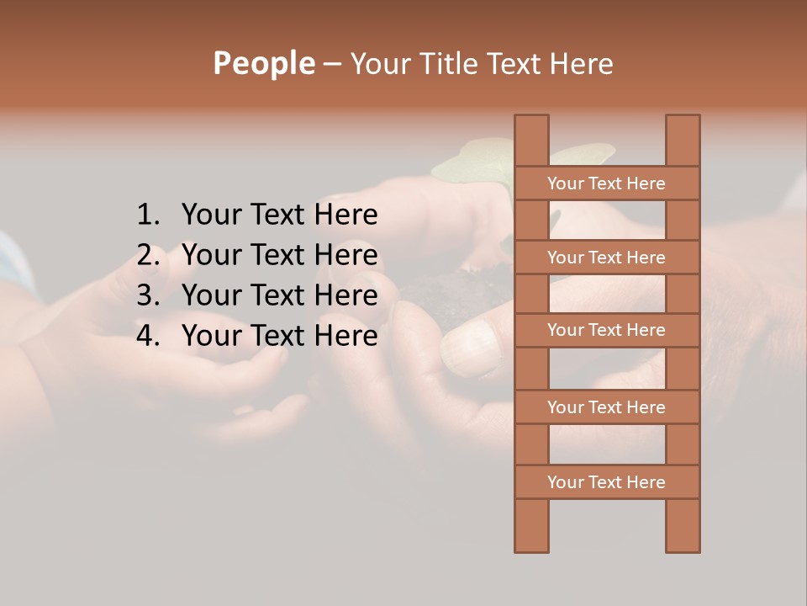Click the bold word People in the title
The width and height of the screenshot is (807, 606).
263,63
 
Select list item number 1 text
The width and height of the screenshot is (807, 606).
279,215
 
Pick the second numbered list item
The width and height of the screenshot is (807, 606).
279,255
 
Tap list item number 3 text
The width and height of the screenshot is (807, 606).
279,295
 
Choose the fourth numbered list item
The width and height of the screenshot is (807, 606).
279,336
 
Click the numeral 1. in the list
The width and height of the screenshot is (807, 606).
148,215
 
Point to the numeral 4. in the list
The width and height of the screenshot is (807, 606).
148,336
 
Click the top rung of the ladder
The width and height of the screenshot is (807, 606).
606,183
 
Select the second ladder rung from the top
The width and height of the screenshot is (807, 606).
606,258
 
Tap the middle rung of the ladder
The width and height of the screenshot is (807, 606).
606,330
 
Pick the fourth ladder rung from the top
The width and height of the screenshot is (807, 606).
606,407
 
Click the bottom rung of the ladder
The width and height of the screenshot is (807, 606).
606,482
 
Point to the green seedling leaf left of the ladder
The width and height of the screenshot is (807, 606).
471,165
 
